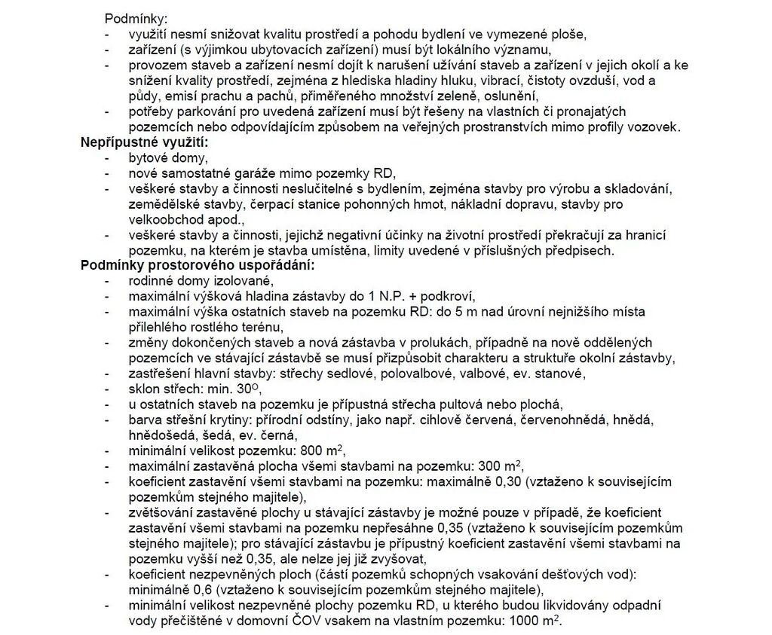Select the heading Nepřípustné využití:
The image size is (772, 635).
[x=143, y=142]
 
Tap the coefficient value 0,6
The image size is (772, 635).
[x=189, y=589]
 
